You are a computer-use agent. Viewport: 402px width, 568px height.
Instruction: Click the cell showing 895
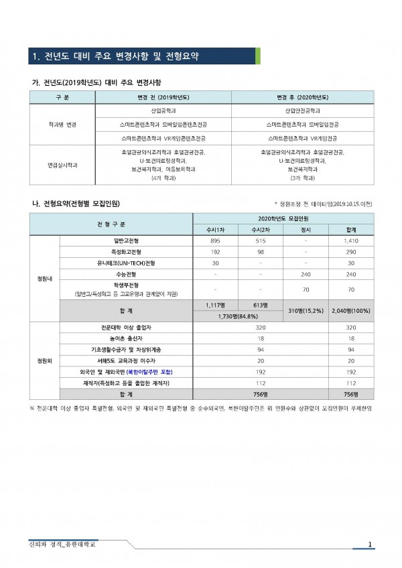(x=216, y=239)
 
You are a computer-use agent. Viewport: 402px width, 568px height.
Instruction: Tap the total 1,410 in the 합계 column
(x=352, y=239)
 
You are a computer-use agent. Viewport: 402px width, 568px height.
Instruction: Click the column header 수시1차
(x=216, y=229)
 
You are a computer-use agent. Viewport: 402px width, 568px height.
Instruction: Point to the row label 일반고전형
(x=126, y=239)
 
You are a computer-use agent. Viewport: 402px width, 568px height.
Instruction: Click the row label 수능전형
(x=126, y=274)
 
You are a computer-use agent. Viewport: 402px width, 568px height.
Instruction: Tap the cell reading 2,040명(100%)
(x=352, y=311)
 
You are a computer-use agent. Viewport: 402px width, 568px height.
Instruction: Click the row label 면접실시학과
(x=62, y=164)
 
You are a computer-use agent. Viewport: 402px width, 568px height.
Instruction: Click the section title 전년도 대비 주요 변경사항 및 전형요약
(x=121, y=56)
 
